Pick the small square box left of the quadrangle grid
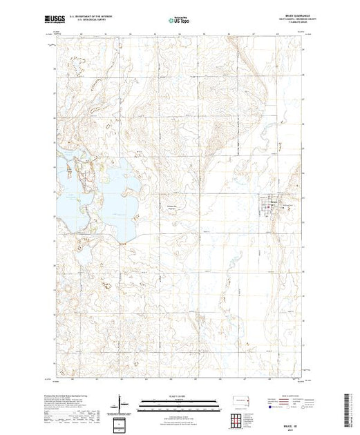[122, 421]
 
